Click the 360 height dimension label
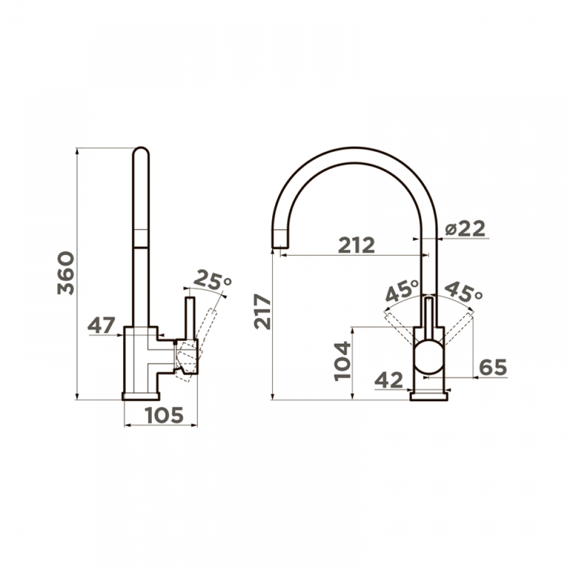point(66,273)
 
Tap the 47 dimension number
point(101,325)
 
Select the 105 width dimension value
point(164,415)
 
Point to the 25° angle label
point(212,281)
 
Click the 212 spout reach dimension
point(356,245)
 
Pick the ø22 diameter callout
point(465,229)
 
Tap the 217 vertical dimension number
point(263,312)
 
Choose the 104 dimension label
point(343,362)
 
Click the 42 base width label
point(389,380)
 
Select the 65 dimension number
point(493,367)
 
